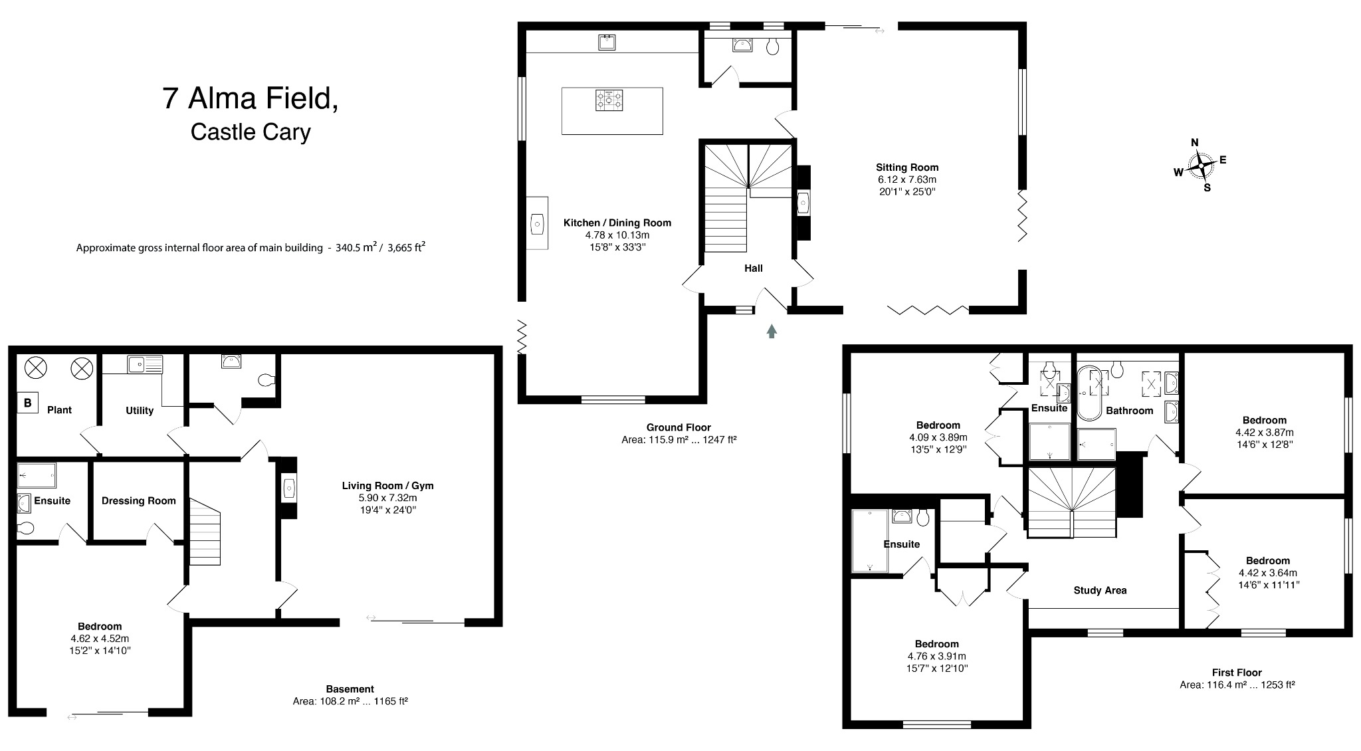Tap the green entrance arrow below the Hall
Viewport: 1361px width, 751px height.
pos(772,331)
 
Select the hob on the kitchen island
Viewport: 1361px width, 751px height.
pos(610,100)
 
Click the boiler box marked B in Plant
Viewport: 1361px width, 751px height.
pos(27,403)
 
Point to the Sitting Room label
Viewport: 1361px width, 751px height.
pos(906,167)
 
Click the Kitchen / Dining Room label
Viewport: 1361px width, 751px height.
pos(617,223)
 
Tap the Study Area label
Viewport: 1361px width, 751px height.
pos(1100,590)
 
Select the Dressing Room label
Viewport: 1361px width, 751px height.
pos(138,501)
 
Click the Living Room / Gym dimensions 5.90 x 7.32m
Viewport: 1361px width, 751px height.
pos(388,498)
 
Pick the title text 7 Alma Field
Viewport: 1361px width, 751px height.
pos(250,98)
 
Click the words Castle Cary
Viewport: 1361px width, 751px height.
pos(251,132)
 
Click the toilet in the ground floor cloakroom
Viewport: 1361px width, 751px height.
pos(772,46)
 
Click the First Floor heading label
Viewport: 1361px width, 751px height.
pos(1236,673)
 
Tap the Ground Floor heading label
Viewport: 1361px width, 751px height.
pos(678,427)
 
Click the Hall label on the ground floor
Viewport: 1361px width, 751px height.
pos(753,268)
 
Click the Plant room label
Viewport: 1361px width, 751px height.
pos(59,410)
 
